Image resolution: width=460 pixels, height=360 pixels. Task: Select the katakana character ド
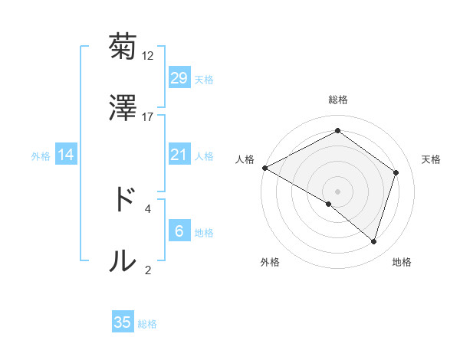click(x=123, y=201)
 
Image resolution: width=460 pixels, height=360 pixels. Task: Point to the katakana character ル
click(x=123, y=260)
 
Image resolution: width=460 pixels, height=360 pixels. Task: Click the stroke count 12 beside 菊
click(x=148, y=56)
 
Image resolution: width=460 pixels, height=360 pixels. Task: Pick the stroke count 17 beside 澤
click(x=148, y=116)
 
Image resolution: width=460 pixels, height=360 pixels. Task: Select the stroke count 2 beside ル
click(x=148, y=269)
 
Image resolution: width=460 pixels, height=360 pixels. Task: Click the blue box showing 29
click(x=179, y=77)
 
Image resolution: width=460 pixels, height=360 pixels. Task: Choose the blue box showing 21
click(x=179, y=155)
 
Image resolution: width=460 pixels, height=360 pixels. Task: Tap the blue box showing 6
click(x=179, y=231)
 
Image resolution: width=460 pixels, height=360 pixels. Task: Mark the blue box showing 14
click(x=66, y=155)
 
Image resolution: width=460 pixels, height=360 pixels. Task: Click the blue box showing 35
click(x=123, y=322)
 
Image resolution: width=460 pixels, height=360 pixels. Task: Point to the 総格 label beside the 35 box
click(x=148, y=324)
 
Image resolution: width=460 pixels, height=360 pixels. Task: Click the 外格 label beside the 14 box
click(x=41, y=156)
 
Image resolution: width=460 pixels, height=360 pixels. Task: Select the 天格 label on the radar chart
click(x=431, y=159)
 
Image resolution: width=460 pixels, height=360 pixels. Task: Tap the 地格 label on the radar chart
click(x=402, y=262)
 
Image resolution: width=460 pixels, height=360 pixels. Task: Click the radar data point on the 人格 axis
click(x=264, y=168)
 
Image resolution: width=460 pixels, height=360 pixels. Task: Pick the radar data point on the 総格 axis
click(x=337, y=131)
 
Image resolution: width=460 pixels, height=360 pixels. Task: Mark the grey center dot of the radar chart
click(x=337, y=191)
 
